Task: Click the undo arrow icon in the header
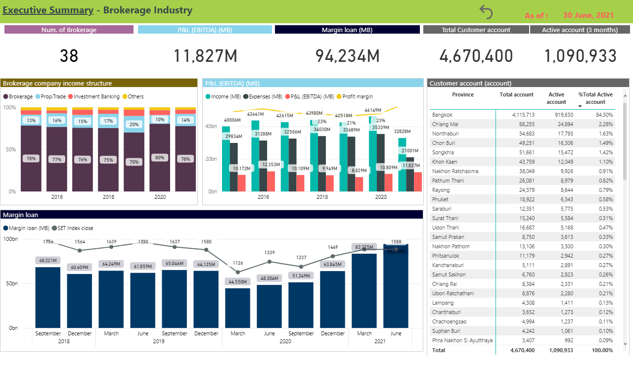(486, 12)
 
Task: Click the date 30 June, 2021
(588, 15)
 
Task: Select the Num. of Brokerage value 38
(69, 56)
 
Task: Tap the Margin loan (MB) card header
(347, 30)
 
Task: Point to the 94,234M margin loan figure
(347, 56)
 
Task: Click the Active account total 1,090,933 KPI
(581, 56)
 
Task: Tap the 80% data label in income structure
(159, 158)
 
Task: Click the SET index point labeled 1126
(238, 272)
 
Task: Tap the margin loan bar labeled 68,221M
(48, 297)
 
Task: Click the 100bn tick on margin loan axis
(9, 239)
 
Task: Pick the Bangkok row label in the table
(442, 115)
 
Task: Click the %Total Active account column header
(595, 98)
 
